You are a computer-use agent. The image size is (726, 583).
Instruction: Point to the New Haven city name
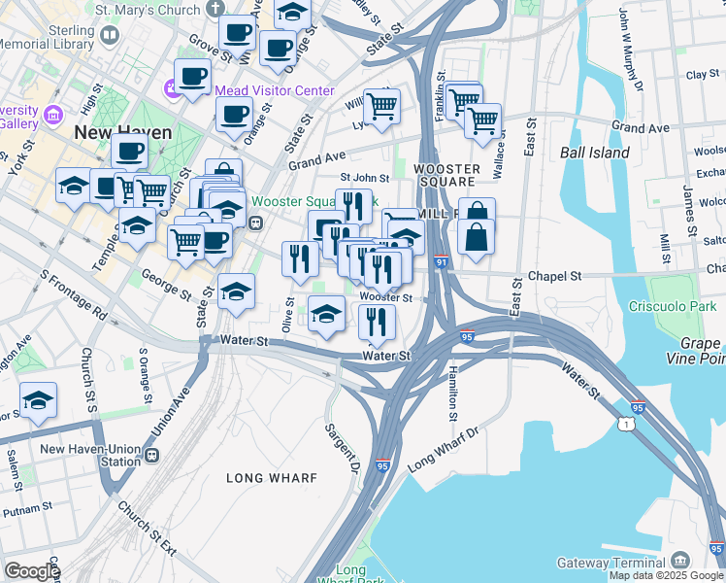(123, 132)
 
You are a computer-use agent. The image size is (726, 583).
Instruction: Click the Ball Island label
(594, 153)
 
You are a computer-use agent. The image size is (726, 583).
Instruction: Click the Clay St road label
(702, 75)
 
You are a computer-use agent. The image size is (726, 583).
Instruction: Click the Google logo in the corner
(31, 571)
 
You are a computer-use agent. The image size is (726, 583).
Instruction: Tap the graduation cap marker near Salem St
(38, 400)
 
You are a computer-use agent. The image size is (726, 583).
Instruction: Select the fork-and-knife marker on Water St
(376, 323)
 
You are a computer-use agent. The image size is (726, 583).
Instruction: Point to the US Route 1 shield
(627, 426)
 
